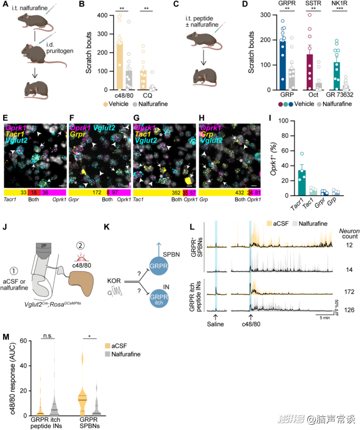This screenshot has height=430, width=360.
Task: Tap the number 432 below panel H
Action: (226, 193)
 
